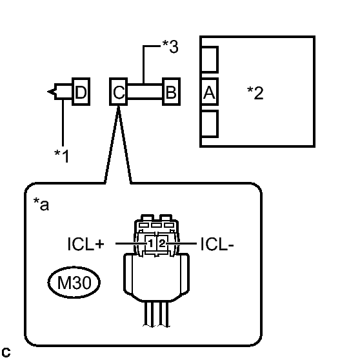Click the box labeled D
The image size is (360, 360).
coord(81,92)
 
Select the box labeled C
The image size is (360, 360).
coord(119,92)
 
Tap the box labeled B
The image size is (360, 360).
coord(171,92)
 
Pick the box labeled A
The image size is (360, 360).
coord(209,92)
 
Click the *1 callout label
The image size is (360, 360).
coord(61,156)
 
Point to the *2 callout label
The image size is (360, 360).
coord(255,93)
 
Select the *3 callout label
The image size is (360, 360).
coord(170,46)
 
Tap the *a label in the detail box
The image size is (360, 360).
coord(41,204)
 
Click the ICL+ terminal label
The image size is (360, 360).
coord(86,244)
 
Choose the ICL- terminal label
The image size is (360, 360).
coord(217,244)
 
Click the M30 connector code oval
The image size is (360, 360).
coord(74,283)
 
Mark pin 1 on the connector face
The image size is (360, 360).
coord(150,244)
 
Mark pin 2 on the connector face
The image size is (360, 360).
coord(162,243)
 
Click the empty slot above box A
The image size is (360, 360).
coord(209,59)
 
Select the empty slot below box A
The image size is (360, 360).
coord(209,124)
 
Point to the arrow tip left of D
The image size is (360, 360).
coord(48,92)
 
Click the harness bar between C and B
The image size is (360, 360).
coord(145,92)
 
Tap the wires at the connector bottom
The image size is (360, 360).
coord(156,314)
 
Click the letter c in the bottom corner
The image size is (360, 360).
coord(6,352)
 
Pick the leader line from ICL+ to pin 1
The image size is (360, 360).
coord(131,243)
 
